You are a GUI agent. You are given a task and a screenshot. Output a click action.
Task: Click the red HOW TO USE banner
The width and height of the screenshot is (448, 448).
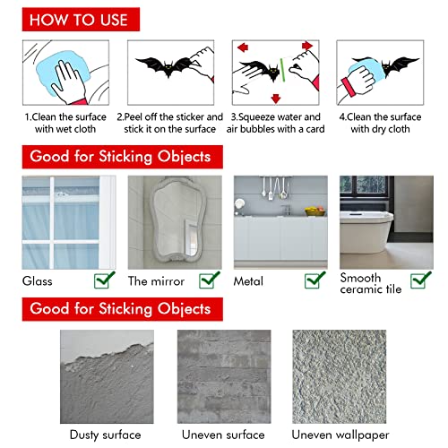[x=79, y=19]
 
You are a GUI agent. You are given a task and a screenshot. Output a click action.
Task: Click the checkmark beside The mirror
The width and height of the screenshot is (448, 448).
[x=209, y=281]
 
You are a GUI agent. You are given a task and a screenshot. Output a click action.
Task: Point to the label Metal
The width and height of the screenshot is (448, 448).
[x=250, y=280]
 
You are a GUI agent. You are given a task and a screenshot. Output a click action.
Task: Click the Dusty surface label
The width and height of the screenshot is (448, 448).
[x=99, y=435]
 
